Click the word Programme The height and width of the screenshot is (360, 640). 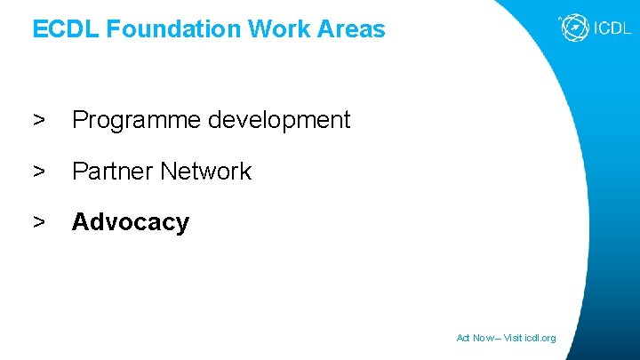(x=137, y=120)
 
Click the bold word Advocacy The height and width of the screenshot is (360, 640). (x=131, y=222)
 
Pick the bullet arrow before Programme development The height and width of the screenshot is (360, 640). (x=39, y=120)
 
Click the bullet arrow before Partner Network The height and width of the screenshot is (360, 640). (x=39, y=172)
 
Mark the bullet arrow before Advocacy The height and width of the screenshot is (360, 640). (x=39, y=222)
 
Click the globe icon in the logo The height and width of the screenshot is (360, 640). (x=573, y=28)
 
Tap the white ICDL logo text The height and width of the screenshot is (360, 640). (x=612, y=28)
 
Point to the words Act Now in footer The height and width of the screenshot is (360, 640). (x=473, y=338)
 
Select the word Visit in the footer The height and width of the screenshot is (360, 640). (x=515, y=338)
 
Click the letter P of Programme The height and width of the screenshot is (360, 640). (x=79, y=120)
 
